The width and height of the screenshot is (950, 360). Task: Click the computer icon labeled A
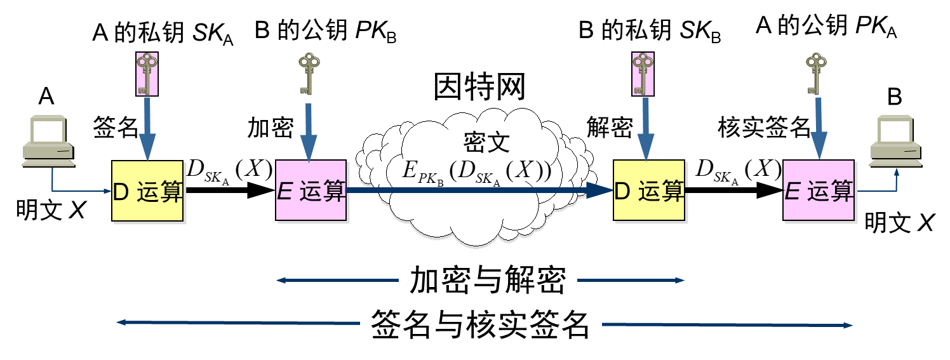coord(48,141)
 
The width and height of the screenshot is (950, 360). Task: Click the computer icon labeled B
coord(896,141)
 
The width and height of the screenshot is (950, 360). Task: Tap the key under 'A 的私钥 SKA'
coord(147,74)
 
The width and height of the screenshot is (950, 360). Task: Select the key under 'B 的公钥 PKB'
coord(309,74)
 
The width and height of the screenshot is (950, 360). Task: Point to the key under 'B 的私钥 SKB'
coord(643,74)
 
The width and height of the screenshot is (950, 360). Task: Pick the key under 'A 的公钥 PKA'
coord(816,74)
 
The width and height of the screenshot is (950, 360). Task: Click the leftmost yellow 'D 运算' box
coord(147,190)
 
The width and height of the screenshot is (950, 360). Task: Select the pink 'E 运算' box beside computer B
coord(819,190)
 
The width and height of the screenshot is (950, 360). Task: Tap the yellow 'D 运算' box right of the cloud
coord(649,190)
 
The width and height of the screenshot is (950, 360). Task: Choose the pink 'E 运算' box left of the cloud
coord(311,190)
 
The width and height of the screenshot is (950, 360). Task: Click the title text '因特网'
coord(479,86)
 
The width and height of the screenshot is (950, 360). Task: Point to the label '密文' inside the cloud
coord(486,142)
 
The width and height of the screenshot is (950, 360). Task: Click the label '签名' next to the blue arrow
coord(116,127)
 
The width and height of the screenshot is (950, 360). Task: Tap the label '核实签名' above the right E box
coord(764,127)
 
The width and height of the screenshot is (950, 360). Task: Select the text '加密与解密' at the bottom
coord(488,280)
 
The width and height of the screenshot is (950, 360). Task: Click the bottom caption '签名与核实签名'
coord(480,324)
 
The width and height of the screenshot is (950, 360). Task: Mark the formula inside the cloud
coord(477,172)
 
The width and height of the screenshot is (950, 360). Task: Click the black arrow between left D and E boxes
coord(229,190)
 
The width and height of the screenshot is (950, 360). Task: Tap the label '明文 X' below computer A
coord(51,210)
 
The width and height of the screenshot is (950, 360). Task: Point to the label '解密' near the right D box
coord(610,127)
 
